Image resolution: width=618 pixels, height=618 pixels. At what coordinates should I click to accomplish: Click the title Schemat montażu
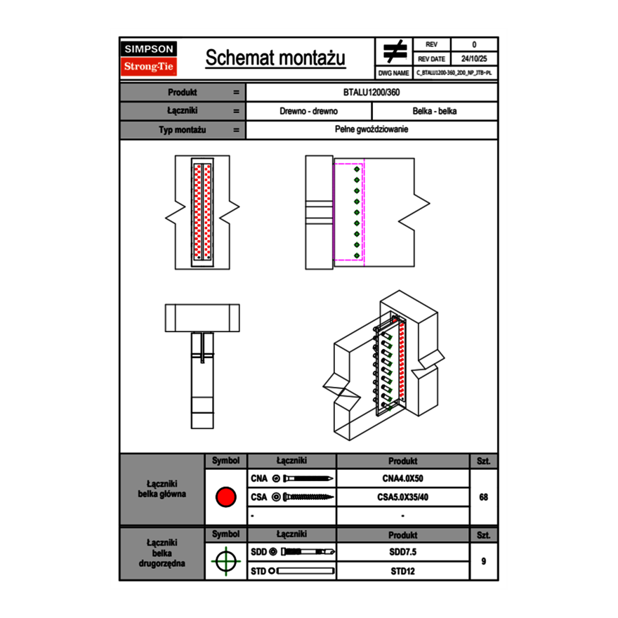pos(275,58)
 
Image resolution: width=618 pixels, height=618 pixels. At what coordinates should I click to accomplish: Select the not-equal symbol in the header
pos(395,51)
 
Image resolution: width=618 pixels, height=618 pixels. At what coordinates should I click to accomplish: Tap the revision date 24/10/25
pos(474,59)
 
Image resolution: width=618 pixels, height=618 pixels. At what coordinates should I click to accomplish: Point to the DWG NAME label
pos(393,72)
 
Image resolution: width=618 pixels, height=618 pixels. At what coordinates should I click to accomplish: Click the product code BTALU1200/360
pos(372,93)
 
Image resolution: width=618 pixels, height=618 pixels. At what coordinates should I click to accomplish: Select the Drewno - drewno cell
pos(308,111)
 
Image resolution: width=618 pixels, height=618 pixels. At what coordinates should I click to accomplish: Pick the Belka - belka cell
pos(435,111)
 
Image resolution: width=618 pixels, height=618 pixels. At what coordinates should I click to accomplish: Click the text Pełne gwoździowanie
pos(372,130)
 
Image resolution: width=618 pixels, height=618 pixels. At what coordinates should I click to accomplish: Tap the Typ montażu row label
pos(182,130)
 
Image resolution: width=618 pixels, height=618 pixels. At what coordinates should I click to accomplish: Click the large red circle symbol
pos(225,497)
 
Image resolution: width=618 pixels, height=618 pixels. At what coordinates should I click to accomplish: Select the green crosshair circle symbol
pos(225,561)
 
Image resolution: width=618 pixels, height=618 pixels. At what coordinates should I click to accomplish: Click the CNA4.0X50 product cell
pos(402,479)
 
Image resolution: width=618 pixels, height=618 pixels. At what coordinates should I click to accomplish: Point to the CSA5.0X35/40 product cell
pos(402,497)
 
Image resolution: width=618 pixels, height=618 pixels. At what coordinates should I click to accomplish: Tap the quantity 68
pos(483,497)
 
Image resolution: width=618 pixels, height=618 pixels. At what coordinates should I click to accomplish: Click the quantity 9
pos(483,561)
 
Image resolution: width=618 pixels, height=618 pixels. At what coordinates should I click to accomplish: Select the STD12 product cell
pos(402,571)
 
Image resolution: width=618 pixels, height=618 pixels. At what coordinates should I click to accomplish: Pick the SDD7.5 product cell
pos(402,552)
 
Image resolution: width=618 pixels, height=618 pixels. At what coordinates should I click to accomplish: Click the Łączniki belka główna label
pos(162,489)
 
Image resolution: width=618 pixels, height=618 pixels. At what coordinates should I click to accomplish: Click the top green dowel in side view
pos(357,169)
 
